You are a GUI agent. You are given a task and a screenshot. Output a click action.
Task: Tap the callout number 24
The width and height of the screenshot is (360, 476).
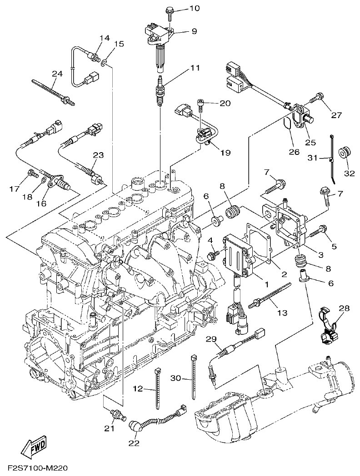(57, 74)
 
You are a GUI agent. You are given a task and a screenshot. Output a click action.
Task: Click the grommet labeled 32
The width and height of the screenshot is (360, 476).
(346, 153)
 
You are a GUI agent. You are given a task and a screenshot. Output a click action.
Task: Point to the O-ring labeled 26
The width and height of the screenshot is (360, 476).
(288, 126)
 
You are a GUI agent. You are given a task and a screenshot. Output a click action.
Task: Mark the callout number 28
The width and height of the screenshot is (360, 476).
(344, 308)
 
